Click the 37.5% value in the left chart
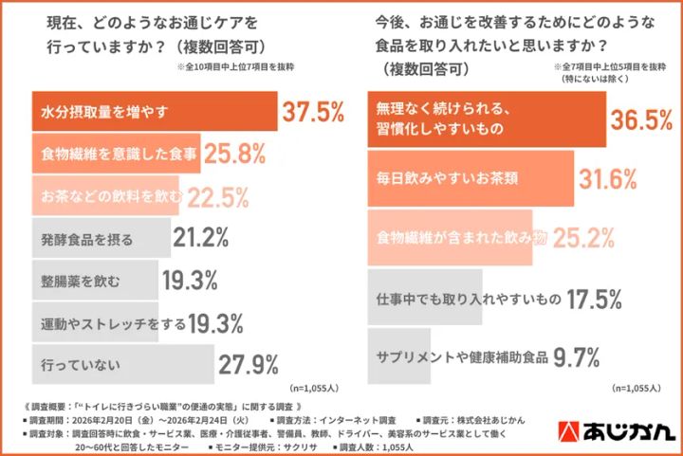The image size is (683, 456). (312, 113)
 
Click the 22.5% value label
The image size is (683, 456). (217, 196)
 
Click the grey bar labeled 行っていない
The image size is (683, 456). (123, 364)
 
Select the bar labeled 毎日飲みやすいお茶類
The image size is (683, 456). (471, 178)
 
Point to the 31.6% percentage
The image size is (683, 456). (612, 178)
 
